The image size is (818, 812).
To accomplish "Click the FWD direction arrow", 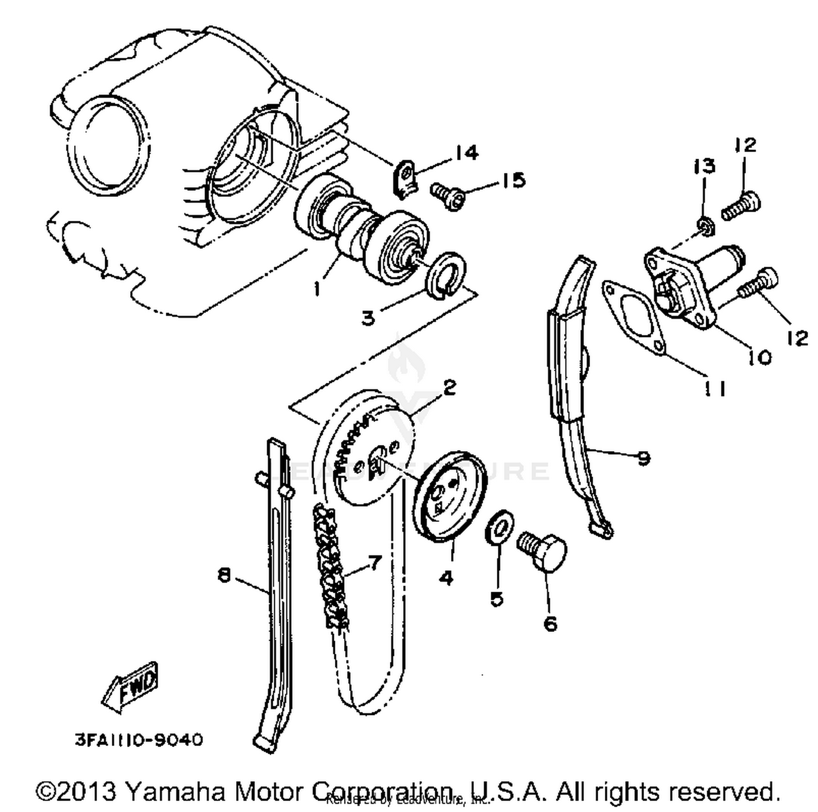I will tap(130, 689).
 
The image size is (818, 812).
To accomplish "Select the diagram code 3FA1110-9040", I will tap(139, 740).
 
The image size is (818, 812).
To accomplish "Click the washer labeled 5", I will tap(499, 526).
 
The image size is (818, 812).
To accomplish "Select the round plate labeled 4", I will tap(449, 495).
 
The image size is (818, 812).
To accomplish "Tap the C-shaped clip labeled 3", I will tap(446, 275).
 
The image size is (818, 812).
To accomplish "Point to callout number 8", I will tap(224, 575).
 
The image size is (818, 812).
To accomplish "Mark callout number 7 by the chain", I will tap(375, 562).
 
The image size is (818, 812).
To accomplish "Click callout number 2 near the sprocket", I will tap(449, 388).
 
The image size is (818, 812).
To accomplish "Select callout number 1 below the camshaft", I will tap(317, 288).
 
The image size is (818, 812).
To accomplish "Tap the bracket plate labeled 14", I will tap(405, 178).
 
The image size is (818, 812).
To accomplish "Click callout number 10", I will tap(760, 357).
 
